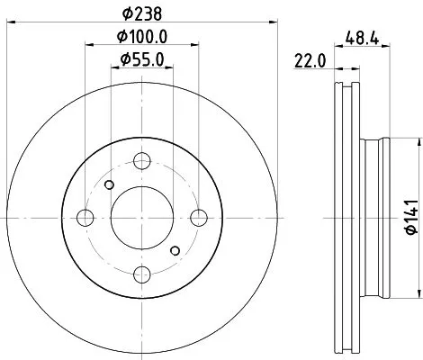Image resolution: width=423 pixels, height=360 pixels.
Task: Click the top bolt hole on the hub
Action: pyautogui.click(x=141, y=161)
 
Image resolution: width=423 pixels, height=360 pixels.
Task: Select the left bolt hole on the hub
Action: pyautogui.click(x=85, y=217)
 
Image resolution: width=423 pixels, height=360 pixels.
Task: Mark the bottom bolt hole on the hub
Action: pyautogui.click(x=141, y=274)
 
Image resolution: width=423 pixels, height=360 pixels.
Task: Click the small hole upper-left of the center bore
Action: pyautogui.click(x=110, y=185)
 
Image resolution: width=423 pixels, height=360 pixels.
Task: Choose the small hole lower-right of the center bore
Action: pyautogui.click(x=174, y=249)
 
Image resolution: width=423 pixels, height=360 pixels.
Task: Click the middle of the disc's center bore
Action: pyautogui.click(x=141, y=217)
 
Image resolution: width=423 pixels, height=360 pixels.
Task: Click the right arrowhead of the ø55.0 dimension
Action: pyautogui.click(x=169, y=71)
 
